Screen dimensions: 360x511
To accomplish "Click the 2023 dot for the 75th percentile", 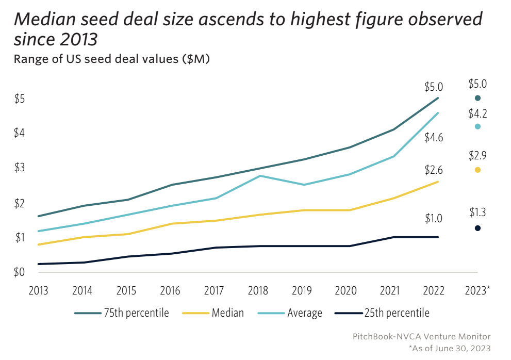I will [477, 98].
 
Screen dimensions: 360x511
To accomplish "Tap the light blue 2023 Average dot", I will [477, 126].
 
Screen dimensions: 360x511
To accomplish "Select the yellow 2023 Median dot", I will [477, 170].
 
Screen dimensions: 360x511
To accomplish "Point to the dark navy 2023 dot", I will [477, 228].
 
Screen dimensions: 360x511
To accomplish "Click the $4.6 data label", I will [434, 138].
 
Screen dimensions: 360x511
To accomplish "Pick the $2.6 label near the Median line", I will [434, 170].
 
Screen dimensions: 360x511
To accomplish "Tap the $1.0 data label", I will [434, 219].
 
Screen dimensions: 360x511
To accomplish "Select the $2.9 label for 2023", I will [477, 155].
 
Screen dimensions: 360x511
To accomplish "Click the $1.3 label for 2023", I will [477, 212].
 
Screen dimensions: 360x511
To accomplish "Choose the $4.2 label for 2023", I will [477, 113].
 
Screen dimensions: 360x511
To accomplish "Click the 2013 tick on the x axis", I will [39, 291].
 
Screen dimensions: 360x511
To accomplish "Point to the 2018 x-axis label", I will [258, 291].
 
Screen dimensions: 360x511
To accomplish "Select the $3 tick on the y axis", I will [19, 168].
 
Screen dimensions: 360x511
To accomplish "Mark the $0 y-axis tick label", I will [19, 272].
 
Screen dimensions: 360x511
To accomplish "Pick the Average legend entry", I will [304, 313].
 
